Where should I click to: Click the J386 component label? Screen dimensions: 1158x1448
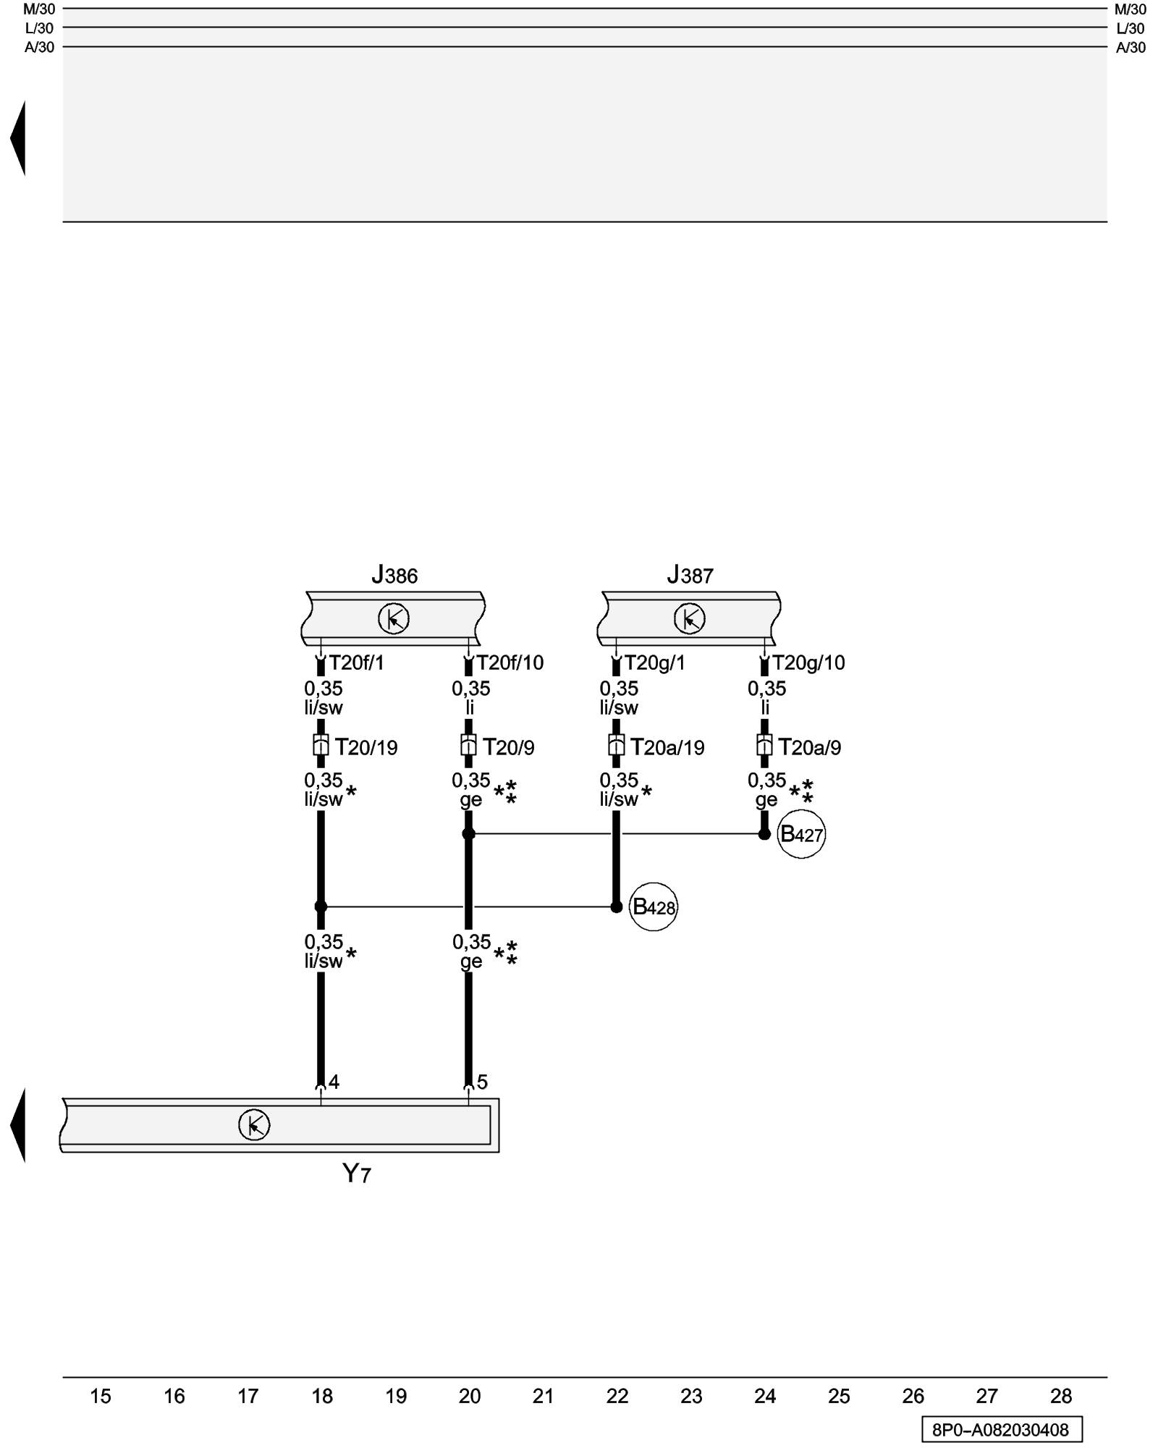[394, 576]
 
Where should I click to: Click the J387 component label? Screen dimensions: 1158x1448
[690, 576]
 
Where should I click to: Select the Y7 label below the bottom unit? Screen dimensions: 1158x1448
[356, 1174]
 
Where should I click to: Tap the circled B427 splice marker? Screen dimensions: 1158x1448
[801, 835]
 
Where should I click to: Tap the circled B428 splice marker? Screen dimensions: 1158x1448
[654, 906]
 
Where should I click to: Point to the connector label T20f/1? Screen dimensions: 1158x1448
[356, 662]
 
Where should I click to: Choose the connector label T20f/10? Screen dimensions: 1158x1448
[510, 662]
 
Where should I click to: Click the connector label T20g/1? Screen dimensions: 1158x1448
[654, 662]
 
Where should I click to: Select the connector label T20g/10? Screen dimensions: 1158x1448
[808, 662]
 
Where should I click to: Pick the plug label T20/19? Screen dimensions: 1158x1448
[366, 747]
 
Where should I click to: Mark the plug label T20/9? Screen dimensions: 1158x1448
[509, 747]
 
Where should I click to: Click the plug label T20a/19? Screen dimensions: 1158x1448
[667, 747]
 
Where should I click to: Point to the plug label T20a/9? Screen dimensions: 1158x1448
[810, 747]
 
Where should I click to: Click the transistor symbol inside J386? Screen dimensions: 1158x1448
[394, 618]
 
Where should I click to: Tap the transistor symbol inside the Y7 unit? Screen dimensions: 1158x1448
[254, 1124]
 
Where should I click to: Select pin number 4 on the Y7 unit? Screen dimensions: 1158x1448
[334, 1082]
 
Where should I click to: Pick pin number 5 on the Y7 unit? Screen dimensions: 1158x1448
[482, 1082]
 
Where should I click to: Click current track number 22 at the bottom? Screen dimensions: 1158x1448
[617, 1396]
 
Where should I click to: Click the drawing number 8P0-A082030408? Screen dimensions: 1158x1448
[1001, 1430]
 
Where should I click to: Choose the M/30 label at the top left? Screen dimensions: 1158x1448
[39, 9]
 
